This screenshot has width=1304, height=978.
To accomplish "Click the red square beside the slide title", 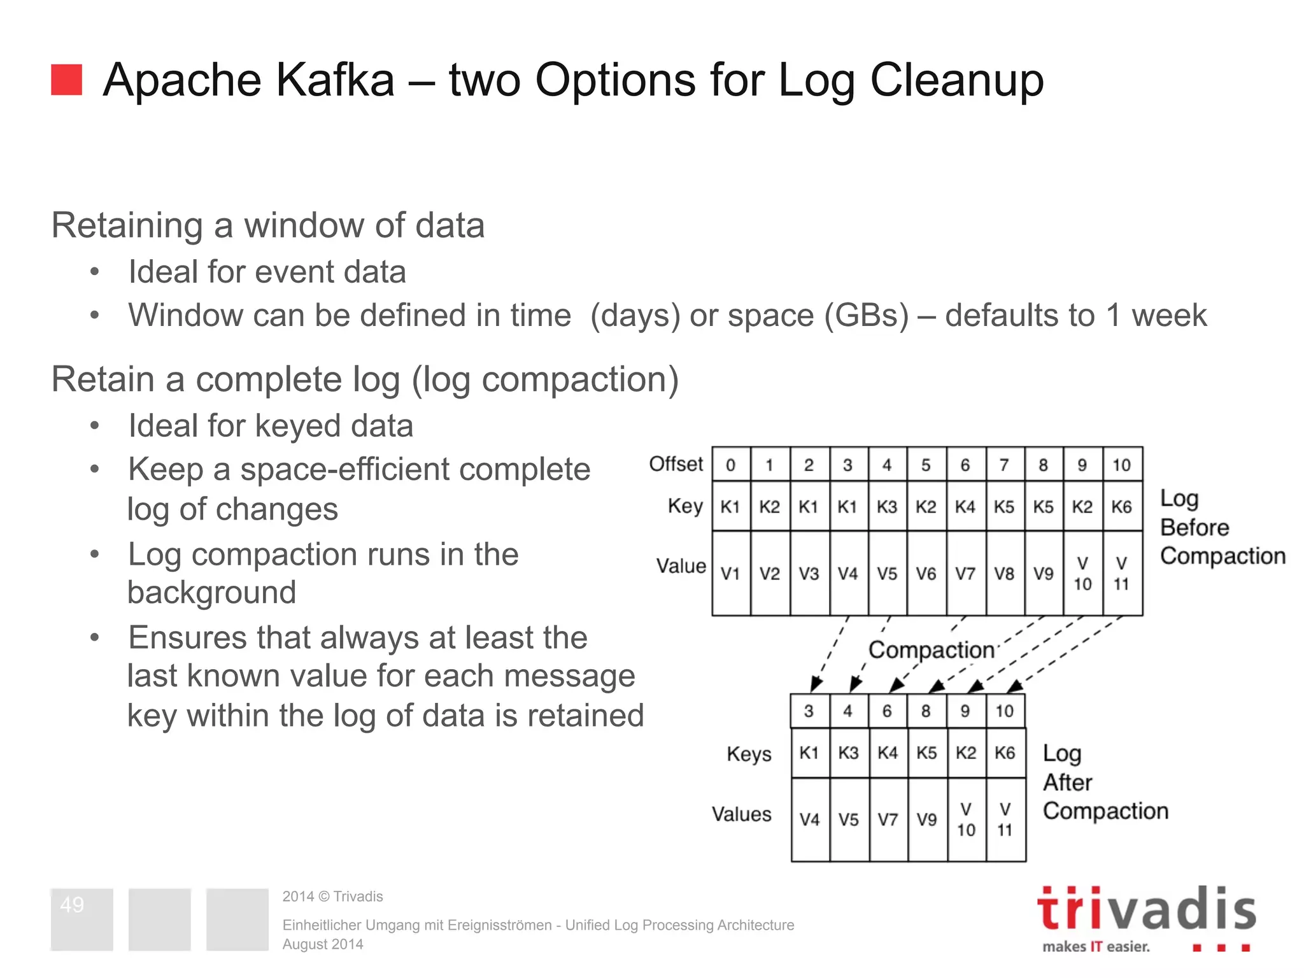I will tap(67, 80).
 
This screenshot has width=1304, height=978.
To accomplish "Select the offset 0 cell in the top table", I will tap(730, 465).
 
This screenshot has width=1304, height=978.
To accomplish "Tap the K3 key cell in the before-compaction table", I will tap(886, 507).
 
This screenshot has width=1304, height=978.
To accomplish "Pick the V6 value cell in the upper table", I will tap(926, 574).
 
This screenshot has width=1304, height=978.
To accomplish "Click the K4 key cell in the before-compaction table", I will tap(965, 507).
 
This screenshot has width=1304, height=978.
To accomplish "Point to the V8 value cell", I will tap(1004, 574).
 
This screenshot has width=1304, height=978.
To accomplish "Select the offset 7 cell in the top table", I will tap(1004, 465).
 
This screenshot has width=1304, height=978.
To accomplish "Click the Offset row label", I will tap(676, 464).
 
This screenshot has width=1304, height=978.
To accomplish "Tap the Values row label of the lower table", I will tap(742, 814).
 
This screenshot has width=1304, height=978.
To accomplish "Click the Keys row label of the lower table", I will tap(749, 754).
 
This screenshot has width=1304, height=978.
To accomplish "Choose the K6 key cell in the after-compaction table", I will tap(1005, 753).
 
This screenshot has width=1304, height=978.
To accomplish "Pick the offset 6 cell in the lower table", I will tap(887, 711).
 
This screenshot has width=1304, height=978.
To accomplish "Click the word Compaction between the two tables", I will tap(932, 650).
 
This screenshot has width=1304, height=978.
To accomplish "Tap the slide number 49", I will tap(72, 905).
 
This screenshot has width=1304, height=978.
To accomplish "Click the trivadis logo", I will tap(1146, 917).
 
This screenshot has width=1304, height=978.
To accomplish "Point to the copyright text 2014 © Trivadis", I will tap(332, 896).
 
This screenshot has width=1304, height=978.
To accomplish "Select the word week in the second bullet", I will tap(1169, 315).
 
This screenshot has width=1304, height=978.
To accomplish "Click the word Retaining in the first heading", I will tap(127, 225).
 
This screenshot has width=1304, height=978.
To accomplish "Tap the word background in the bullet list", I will tap(212, 593).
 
